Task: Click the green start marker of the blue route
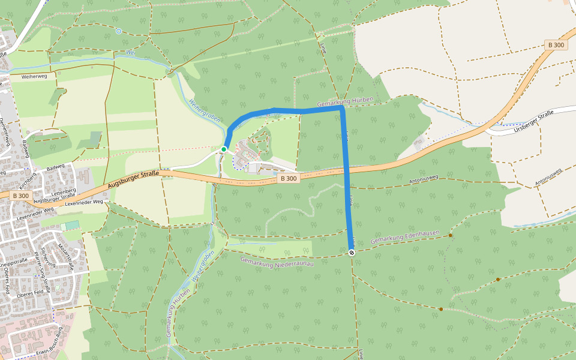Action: pyautogui.click(x=224, y=149)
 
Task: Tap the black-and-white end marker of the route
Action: pyautogui.click(x=352, y=253)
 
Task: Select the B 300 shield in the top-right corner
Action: pyautogui.click(x=556, y=45)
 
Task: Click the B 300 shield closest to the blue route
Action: pyautogui.click(x=289, y=178)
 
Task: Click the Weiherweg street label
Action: pyautogui.click(x=34, y=77)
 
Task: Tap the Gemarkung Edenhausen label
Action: pyautogui.click(x=406, y=237)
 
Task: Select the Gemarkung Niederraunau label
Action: pyautogui.click(x=277, y=268)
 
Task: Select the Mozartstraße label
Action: pyautogui.click(x=65, y=257)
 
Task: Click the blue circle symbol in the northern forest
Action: pyautogui.click(x=119, y=31)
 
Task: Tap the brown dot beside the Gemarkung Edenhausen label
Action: pyautogui.click(x=450, y=235)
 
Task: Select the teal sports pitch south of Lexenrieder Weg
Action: pyautogui.click(x=71, y=225)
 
